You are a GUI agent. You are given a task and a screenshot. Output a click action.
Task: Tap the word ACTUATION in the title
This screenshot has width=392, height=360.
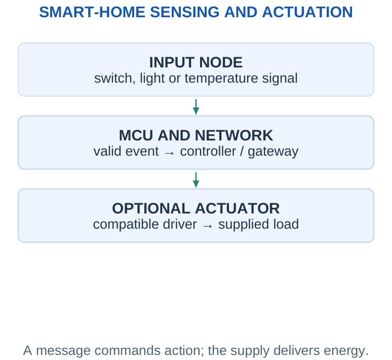307,12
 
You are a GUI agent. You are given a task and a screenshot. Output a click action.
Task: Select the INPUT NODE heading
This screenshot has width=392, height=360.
196,62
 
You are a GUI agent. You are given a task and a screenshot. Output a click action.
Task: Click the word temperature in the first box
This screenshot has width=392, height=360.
221,79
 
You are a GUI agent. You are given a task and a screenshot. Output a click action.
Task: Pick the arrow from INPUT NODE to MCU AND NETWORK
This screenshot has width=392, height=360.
196,107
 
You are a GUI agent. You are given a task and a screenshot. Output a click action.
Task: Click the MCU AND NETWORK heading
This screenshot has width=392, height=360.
196,135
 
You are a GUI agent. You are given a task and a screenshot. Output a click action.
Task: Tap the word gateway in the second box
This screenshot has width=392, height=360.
273,152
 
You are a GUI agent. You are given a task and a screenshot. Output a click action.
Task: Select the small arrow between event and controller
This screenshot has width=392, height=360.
169,153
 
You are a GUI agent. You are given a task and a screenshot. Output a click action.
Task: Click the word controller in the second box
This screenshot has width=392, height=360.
208,151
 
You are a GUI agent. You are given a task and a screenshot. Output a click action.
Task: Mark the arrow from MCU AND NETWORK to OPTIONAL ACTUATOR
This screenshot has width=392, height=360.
196,180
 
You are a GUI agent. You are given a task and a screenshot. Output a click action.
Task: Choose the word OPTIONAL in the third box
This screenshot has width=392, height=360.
151,208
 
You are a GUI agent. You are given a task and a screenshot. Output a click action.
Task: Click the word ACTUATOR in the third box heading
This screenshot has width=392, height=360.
237,208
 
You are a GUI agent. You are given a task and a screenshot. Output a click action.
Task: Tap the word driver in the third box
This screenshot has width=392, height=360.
180,224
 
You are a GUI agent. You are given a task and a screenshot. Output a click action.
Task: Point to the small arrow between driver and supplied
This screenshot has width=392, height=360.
208,226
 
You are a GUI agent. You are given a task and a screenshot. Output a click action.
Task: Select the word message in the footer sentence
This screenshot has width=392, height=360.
63,350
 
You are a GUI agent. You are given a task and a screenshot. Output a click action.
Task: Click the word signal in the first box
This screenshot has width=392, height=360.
280,79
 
